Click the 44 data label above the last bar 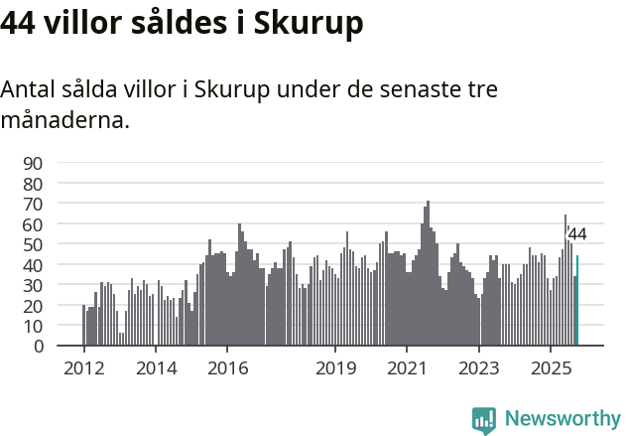(576, 235)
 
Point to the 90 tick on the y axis (33, 163)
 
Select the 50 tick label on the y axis (33, 244)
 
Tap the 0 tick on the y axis (39, 346)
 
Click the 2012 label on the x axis (83, 367)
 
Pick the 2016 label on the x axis (227, 367)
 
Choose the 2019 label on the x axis (335, 367)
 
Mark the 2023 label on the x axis (479, 367)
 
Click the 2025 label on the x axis (551, 367)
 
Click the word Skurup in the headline (309, 24)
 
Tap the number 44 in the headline (20, 24)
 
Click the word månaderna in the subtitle (64, 122)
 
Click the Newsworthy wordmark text (562, 418)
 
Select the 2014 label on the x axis (156, 367)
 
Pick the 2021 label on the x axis (407, 367)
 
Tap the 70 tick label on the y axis (33, 204)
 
